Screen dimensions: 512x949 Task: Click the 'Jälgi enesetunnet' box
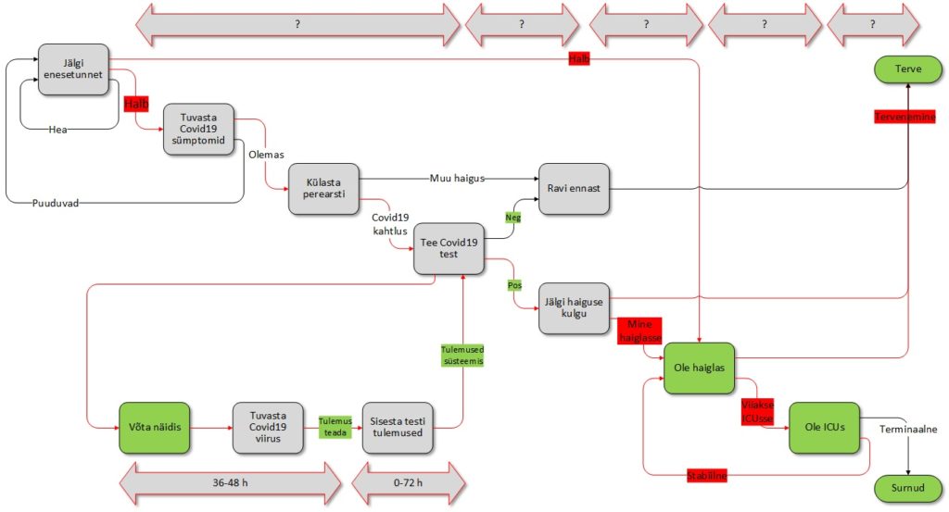[73, 69]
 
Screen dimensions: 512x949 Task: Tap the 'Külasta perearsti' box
[323, 190]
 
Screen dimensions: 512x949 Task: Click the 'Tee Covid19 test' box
[449, 248]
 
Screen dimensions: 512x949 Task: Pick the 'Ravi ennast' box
[574, 189]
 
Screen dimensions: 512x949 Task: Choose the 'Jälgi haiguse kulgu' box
[574, 308]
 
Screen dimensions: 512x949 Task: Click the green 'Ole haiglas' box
[700, 368]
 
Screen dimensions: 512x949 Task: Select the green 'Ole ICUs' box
[824, 428]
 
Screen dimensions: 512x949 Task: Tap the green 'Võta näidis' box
[155, 428]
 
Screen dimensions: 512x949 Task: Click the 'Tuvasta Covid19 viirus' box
[268, 428]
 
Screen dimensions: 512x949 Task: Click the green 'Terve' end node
[908, 69]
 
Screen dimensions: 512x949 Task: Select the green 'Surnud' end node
[908, 487]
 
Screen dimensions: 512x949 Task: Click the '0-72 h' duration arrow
[408, 483]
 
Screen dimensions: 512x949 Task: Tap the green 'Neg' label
[512, 217]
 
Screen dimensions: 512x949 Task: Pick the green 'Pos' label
[514, 285]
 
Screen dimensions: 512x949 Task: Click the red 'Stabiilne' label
[706, 476]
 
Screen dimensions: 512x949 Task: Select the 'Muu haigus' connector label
[457, 178]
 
